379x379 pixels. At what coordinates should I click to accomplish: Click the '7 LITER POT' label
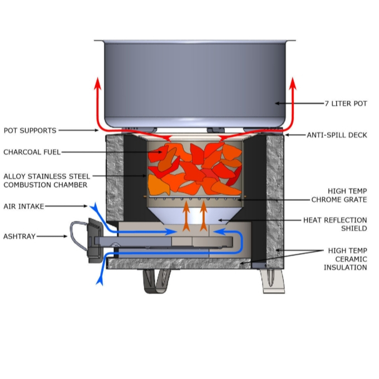[346, 104]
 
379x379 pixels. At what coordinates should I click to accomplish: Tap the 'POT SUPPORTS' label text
[30, 131]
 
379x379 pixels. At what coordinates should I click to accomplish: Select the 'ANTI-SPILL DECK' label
[337, 135]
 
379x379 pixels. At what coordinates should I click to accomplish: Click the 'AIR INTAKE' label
[23, 206]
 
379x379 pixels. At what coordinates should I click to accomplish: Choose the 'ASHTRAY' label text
[20, 237]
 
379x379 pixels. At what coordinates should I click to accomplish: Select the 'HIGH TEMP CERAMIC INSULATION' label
[345, 259]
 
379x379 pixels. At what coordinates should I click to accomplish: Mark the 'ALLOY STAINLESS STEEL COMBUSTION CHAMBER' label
[45, 180]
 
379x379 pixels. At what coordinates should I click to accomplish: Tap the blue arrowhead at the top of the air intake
[92, 207]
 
